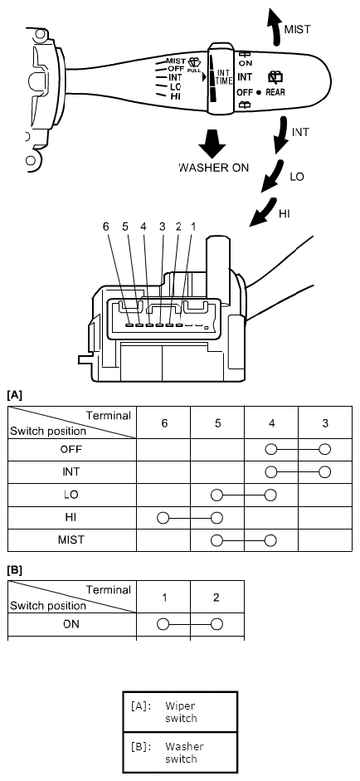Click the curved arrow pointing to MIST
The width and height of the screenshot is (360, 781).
pos(273,27)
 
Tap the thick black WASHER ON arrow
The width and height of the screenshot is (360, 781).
pos(212,144)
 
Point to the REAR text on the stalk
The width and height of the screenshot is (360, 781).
pos(275,92)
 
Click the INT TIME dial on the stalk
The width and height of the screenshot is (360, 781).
pos(220,78)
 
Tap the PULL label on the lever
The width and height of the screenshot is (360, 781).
pos(194,71)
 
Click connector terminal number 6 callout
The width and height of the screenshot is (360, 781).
pos(105,226)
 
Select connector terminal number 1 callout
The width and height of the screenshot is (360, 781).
pos(193,226)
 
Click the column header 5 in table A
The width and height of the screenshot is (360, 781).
pos(217,423)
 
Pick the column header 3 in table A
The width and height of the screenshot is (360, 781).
pos(325,423)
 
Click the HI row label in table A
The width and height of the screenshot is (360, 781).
pos(71,518)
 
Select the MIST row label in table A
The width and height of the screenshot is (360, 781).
pos(71,540)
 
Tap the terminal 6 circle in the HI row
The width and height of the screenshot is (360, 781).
pos(163,518)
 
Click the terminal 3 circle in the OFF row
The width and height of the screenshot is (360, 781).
pos(325,449)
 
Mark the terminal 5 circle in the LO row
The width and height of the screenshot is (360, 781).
pos(216,495)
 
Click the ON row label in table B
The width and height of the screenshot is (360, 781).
pos(71,624)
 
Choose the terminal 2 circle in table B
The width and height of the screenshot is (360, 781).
pos(216,624)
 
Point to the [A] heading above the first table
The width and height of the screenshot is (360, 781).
pos(14,396)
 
